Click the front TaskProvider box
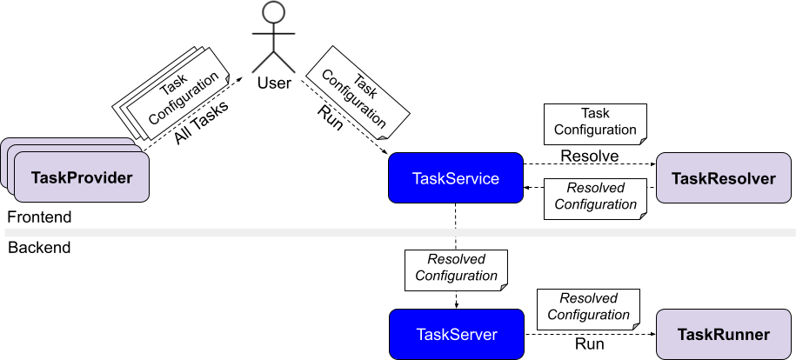81,178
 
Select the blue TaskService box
455,178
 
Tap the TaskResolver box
723,178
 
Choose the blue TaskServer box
456,334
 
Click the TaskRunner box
723,334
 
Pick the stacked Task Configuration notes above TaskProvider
173,96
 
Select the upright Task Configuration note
595,122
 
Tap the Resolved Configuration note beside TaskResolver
595,197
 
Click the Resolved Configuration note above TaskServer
456,268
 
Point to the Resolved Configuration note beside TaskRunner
588,307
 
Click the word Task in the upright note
595,113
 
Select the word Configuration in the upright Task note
595,130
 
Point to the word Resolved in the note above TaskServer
456,259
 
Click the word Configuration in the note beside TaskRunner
588,315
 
